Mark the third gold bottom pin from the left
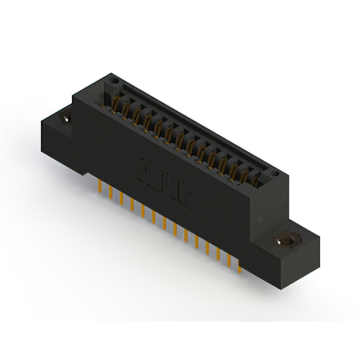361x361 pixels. pyautogui.click(x=121, y=198)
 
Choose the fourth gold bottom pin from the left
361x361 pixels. pyautogui.click(x=131, y=204)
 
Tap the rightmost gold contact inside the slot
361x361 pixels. pyautogui.click(x=255, y=179)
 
